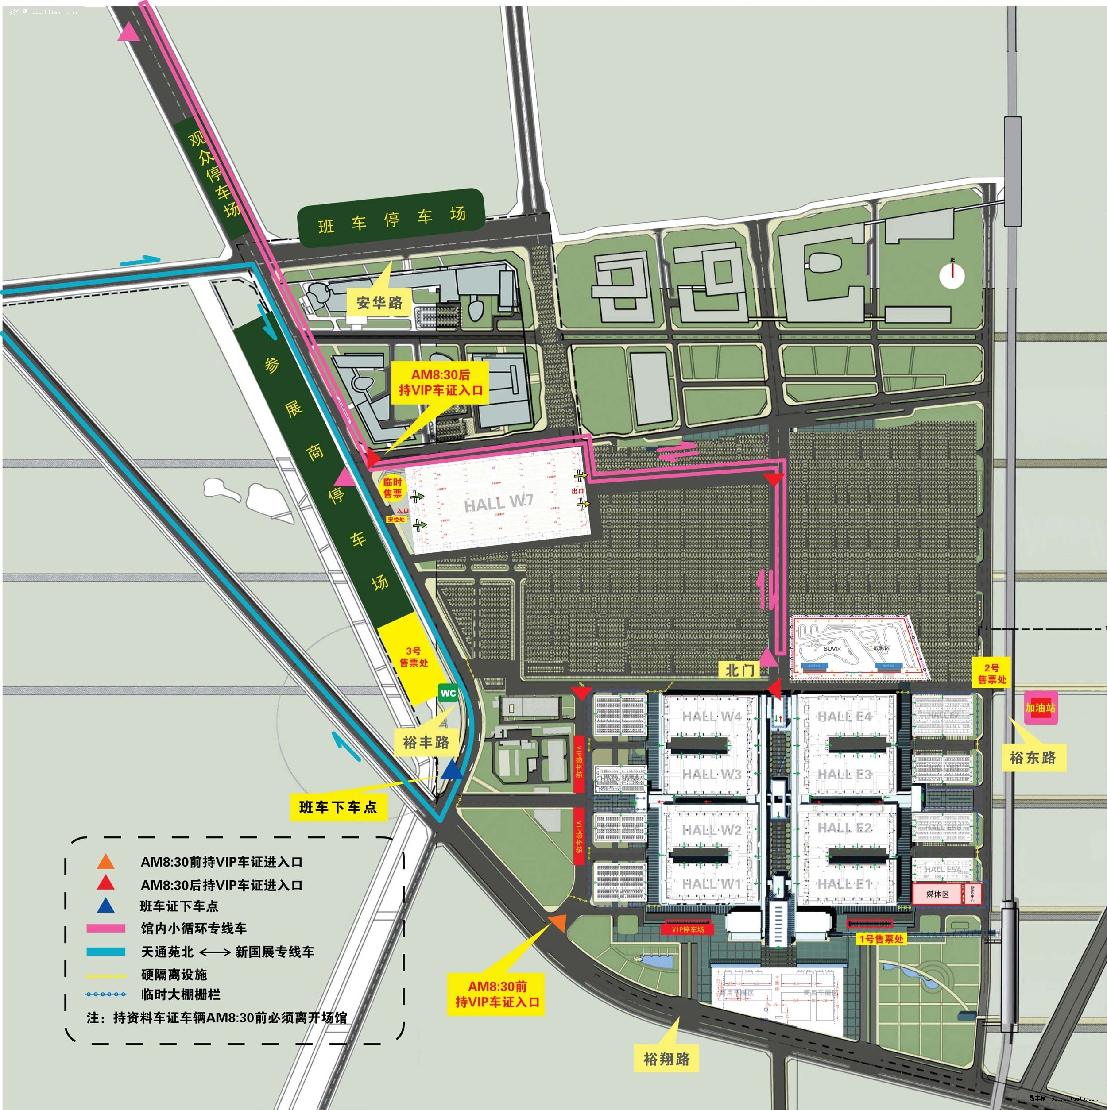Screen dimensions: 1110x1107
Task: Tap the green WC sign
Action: coord(448,694)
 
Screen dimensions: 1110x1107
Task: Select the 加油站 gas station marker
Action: coord(1040,708)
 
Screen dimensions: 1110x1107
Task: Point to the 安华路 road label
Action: coord(379,302)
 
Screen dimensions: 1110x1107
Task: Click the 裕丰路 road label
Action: coord(426,742)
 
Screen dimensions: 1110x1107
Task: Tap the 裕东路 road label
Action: coord(1033,758)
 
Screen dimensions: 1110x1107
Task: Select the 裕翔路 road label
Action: coord(667,1058)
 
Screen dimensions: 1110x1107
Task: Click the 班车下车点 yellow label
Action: coord(338,807)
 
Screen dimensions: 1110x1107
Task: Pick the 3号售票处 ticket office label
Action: coord(414,657)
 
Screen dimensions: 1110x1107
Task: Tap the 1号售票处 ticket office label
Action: coord(881,939)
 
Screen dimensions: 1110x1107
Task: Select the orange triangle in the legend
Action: coord(106,861)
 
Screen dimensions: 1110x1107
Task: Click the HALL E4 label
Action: coord(844,717)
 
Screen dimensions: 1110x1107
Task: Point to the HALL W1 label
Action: coord(712,884)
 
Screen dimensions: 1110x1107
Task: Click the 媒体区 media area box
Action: coord(937,894)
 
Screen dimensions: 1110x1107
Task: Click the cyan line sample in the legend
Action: coord(106,952)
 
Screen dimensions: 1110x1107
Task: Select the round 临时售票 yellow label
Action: coord(393,488)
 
